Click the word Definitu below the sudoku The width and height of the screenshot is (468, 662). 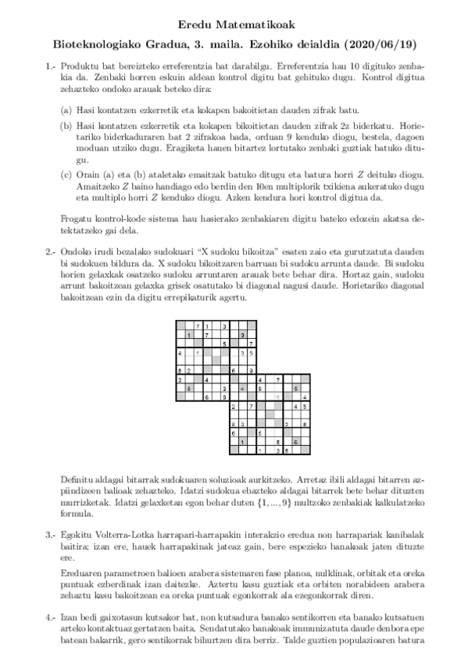tap(77, 476)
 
